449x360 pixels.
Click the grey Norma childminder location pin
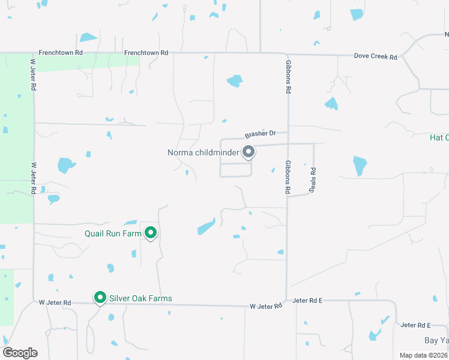(x=249, y=152)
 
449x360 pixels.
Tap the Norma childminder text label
(x=204, y=152)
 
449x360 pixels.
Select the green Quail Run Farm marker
(x=151, y=233)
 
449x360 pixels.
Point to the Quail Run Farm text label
(x=113, y=233)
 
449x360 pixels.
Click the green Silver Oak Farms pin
(x=100, y=298)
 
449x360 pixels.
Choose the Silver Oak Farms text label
(x=140, y=298)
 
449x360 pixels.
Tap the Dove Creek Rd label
(x=376, y=56)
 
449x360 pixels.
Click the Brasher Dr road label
(x=259, y=134)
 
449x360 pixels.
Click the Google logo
(x=20, y=352)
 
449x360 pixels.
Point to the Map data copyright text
(x=423, y=355)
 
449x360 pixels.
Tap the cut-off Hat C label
(x=439, y=137)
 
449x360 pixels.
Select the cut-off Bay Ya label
(x=436, y=340)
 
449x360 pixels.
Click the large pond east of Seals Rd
(x=360, y=165)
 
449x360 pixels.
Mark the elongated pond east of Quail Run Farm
(x=206, y=227)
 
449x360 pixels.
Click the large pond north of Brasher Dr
(x=235, y=81)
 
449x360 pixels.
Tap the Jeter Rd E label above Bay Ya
(x=415, y=325)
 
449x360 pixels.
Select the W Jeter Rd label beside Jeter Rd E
(x=266, y=306)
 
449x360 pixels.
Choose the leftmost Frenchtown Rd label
(x=61, y=53)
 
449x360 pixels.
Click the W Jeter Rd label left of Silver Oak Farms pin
(x=55, y=302)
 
